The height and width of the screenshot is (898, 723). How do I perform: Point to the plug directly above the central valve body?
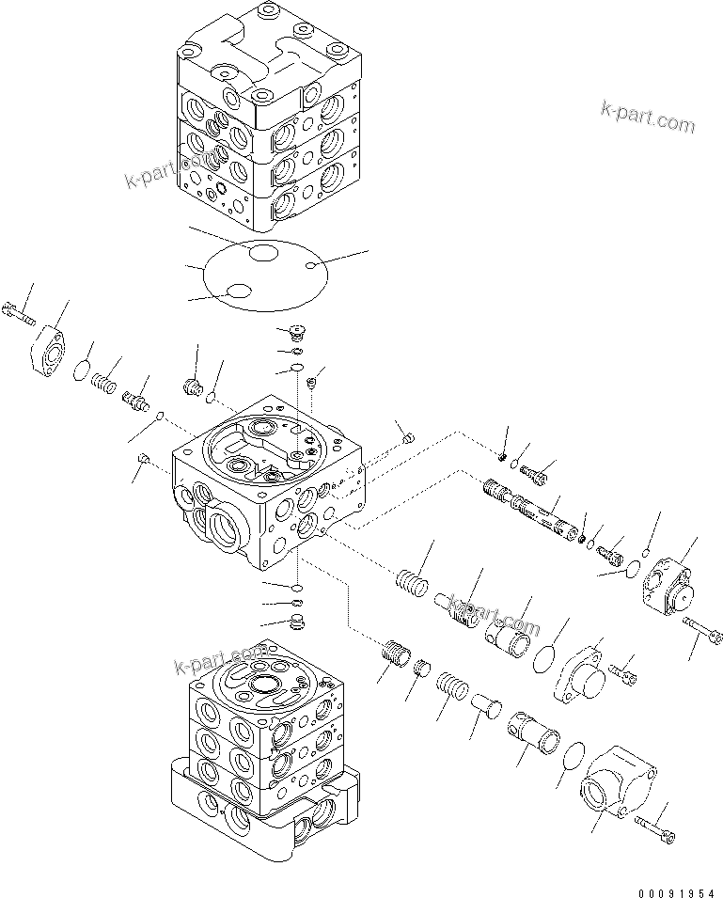tap(294, 332)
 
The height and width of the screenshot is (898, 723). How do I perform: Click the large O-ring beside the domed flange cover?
tap(542, 659)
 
